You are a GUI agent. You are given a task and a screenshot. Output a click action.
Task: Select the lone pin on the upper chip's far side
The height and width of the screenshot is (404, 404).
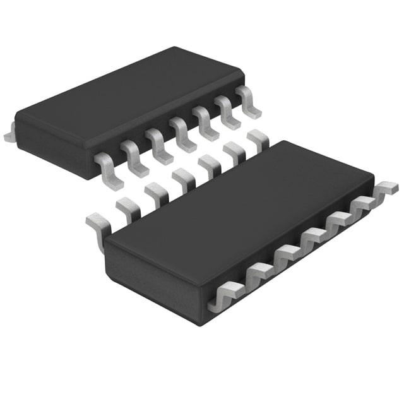(9, 134)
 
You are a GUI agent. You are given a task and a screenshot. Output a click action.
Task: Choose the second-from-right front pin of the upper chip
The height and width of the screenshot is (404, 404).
(227, 112)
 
